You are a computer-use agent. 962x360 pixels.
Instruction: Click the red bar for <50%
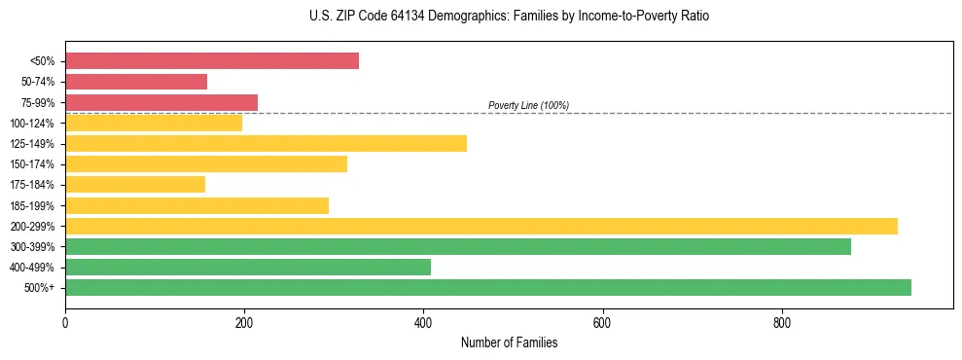click(x=212, y=61)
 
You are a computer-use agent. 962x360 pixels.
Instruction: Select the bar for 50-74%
click(x=136, y=82)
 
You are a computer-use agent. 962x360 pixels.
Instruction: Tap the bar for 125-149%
click(x=266, y=144)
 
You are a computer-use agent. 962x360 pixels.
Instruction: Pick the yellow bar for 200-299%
click(x=481, y=226)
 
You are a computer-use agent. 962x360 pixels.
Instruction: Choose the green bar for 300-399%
click(x=458, y=247)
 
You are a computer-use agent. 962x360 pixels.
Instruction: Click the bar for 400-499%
click(x=248, y=268)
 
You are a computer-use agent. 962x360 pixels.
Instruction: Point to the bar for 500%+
click(x=488, y=288)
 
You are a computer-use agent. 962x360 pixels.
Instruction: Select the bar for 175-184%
click(x=135, y=185)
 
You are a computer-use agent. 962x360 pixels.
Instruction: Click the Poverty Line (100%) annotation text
click(x=528, y=105)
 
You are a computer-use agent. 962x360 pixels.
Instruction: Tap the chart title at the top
click(x=481, y=17)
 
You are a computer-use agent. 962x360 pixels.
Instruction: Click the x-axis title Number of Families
click(x=509, y=342)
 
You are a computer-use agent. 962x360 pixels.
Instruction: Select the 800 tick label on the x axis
click(x=781, y=322)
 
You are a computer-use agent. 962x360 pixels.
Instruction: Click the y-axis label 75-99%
click(x=38, y=103)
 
